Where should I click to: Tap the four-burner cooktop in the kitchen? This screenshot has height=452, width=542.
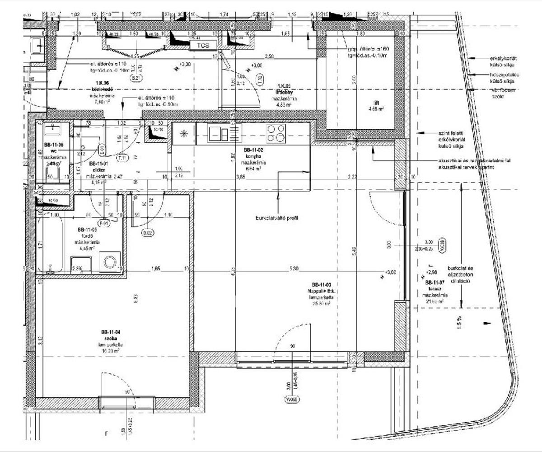point(276,133)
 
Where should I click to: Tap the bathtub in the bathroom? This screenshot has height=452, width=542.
point(51,244)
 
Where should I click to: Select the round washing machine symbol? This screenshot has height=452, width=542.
point(110,262)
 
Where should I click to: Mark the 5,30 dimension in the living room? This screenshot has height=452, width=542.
point(294,269)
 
